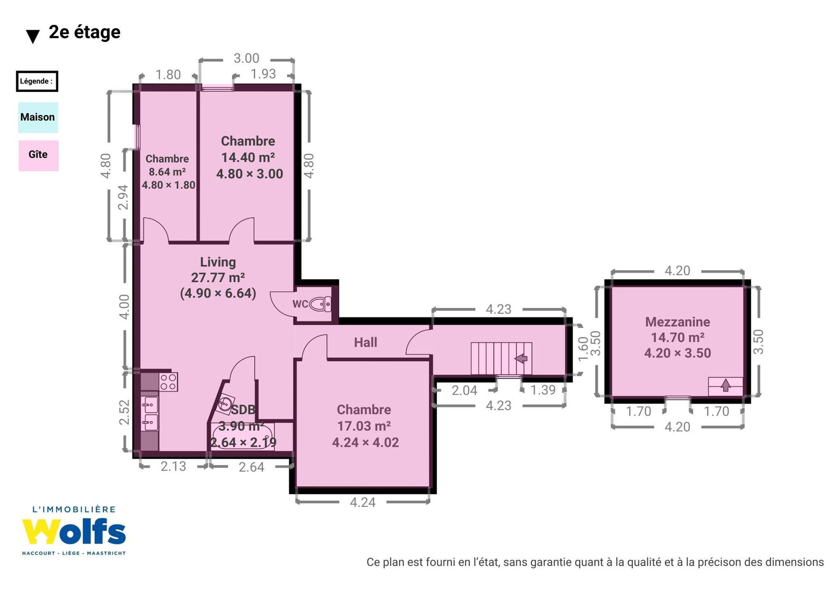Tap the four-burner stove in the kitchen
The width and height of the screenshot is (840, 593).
tap(169, 382)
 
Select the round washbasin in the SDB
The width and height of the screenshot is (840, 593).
tap(225, 404)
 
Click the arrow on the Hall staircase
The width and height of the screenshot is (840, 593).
tap(521, 358)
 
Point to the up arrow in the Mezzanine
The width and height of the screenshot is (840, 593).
tap(726, 385)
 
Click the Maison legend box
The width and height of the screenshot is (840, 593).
tap(38, 117)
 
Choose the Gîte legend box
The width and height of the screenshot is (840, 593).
tap(39, 156)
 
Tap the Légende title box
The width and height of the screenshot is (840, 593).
tap(37, 82)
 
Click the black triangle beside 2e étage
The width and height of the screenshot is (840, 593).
tap(33, 37)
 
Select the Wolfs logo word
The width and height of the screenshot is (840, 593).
tap(74, 532)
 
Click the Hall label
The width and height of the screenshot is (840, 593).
tap(366, 342)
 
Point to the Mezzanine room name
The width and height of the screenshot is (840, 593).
tap(677, 322)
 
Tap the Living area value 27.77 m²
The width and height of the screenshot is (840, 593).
tap(218, 277)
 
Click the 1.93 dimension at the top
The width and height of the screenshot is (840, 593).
tap(263, 74)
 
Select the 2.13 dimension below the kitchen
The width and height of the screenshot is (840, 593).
tap(173, 466)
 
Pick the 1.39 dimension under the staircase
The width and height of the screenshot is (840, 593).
tap(543, 390)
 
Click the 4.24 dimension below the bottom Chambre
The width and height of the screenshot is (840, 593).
tap(362, 502)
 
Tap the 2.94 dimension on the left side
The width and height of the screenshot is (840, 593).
tap(123, 197)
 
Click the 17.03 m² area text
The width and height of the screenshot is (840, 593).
tap(364, 426)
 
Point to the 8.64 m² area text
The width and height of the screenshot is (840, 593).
tap(167, 172)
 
